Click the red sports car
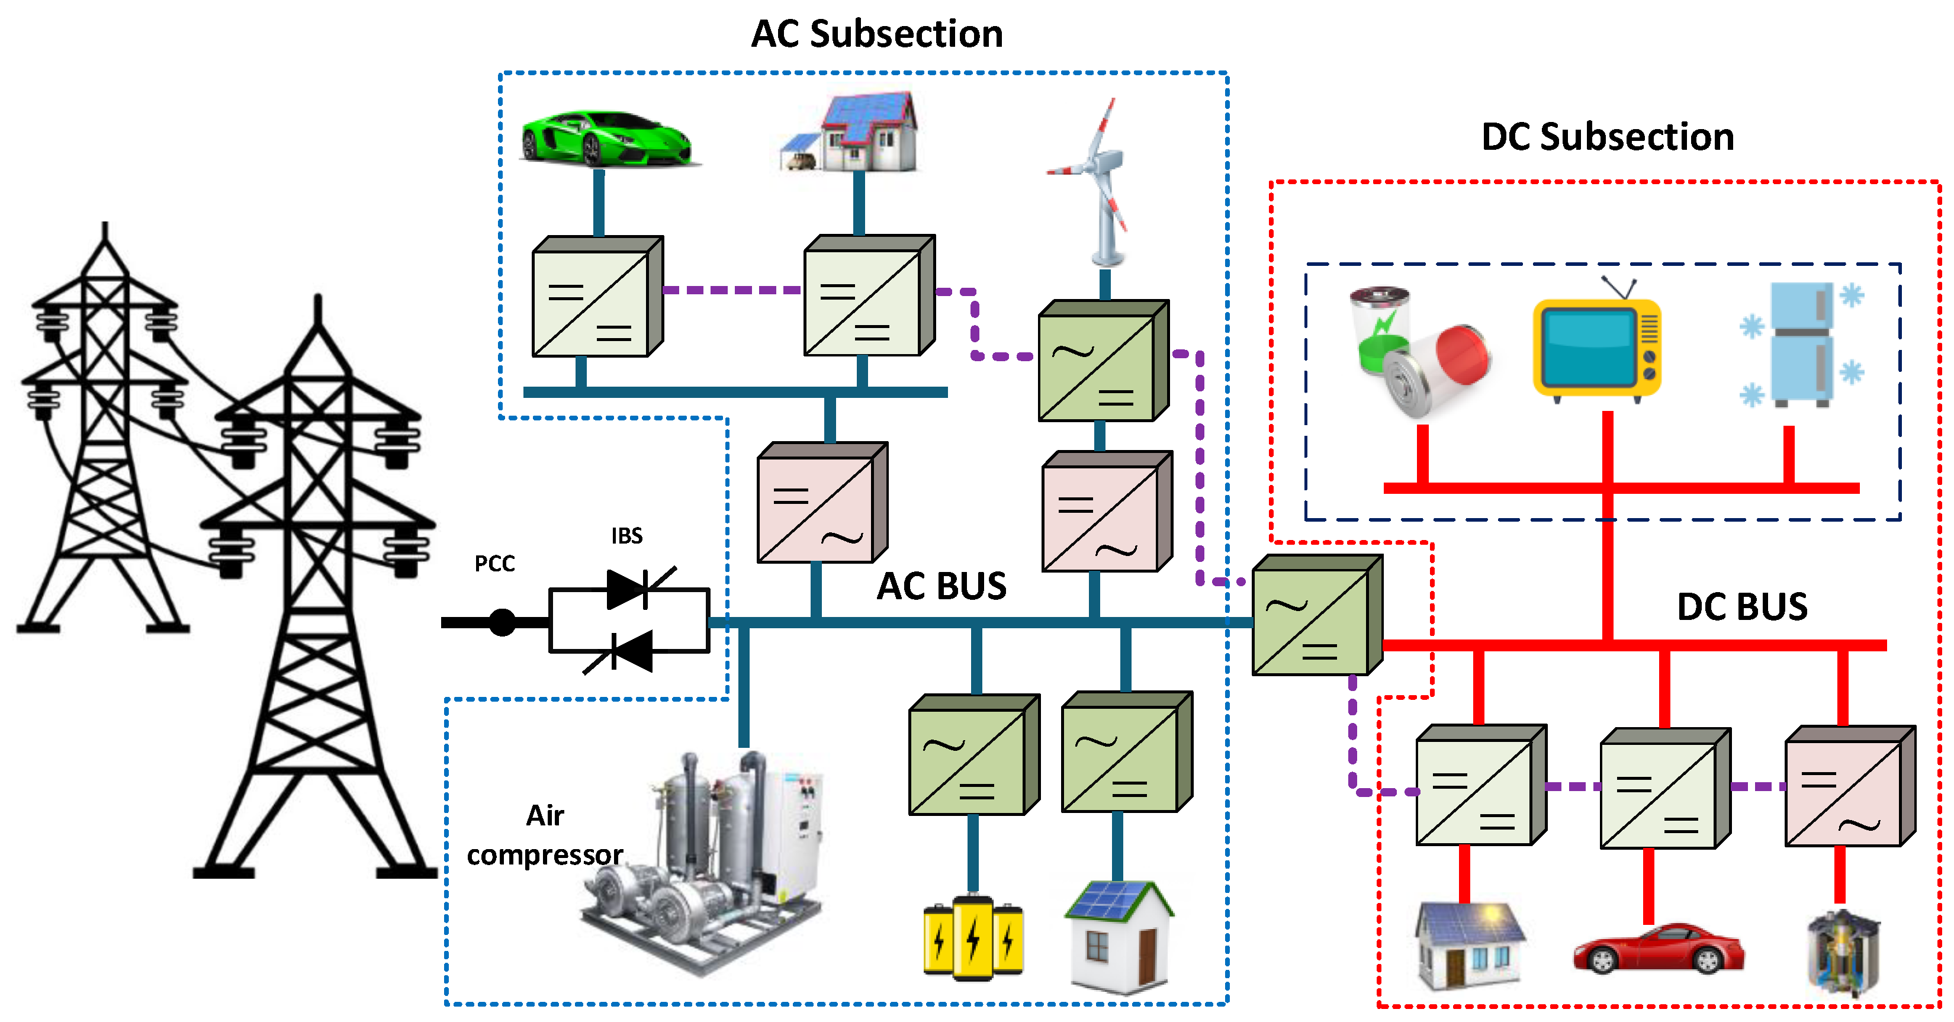(1659, 949)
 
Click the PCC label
(494, 564)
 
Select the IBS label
(627, 536)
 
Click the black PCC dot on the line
(502, 622)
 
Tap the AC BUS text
(941, 586)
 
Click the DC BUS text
(1743, 607)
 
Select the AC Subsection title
(877, 34)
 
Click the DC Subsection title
(1608, 137)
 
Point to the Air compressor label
(545, 835)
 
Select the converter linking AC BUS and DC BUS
(1317, 615)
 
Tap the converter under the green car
(597, 297)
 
